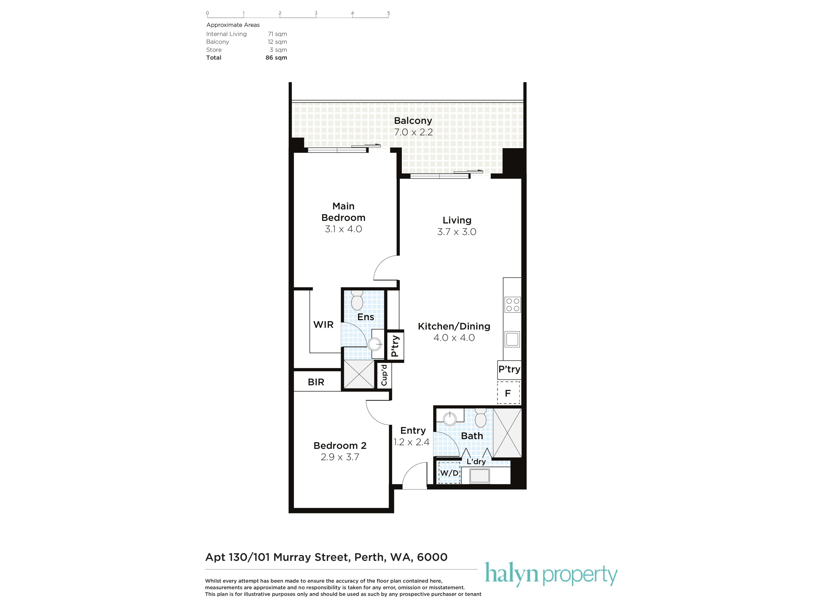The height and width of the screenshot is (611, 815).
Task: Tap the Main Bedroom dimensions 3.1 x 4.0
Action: coord(343,229)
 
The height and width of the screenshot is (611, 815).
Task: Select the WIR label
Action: coord(323,324)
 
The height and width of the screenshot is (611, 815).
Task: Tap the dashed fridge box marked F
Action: coord(509,393)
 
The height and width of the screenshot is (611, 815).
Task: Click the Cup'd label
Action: coord(384,375)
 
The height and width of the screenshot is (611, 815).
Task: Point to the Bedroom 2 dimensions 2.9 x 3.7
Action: coord(340,457)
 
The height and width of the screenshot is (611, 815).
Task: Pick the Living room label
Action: coord(457,220)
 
